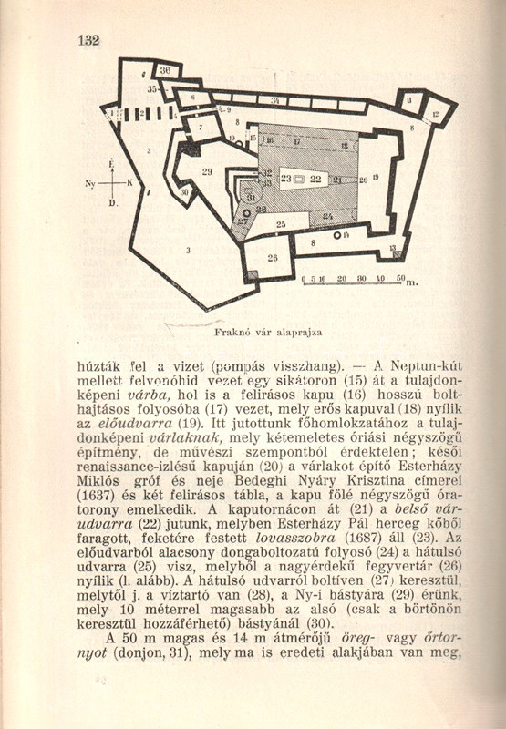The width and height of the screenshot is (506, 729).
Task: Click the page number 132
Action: pyautogui.click(x=89, y=40)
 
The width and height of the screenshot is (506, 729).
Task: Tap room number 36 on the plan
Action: pyautogui.click(x=165, y=71)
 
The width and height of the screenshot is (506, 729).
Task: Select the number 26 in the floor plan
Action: pyautogui.click(x=273, y=258)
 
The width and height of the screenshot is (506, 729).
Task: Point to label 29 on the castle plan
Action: pyautogui.click(x=207, y=171)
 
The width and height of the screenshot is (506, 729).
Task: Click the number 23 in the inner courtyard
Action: pyautogui.click(x=286, y=179)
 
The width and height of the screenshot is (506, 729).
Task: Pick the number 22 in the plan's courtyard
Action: pyautogui.click(x=315, y=179)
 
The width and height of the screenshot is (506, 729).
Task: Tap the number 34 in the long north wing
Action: pyautogui.click(x=275, y=101)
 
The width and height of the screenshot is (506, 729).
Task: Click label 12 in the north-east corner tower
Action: pyautogui.click(x=436, y=113)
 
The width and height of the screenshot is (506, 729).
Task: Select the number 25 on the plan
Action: pyautogui.click(x=281, y=224)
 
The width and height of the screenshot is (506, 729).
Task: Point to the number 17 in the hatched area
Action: pyautogui.click(x=296, y=141)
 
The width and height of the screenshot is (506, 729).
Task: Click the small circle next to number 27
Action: pyautogui.click(x=246, y=213)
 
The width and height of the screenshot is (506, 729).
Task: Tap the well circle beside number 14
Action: pyautogui.click(x=337, y=236)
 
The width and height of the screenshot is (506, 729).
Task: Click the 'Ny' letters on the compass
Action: pyautogui.click(x=90, y=184)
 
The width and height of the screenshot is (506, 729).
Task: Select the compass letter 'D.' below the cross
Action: pyautogui.click(x=113, y=203)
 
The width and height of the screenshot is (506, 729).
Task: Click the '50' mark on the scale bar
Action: pyautogui.click(x=401, y=278)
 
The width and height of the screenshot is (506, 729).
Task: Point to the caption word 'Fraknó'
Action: pyautogui.click(x=228, y=333)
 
